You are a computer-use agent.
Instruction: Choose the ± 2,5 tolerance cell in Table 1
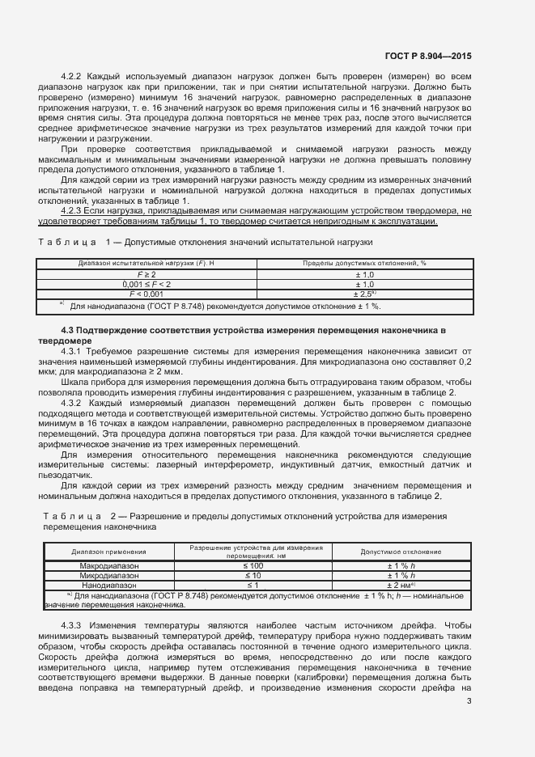(x=364, y=294)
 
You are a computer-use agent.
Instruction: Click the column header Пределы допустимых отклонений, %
(x=364, y=263)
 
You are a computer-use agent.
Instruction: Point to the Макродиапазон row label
(x=109, y=565)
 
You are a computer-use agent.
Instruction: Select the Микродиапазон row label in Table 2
(x=109, y=575)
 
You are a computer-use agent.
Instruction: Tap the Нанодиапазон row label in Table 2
(x=109, y=585)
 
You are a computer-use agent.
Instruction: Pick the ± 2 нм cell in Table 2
(x=401, y=585)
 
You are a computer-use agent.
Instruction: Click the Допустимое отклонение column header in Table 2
(x=401, y=551)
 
